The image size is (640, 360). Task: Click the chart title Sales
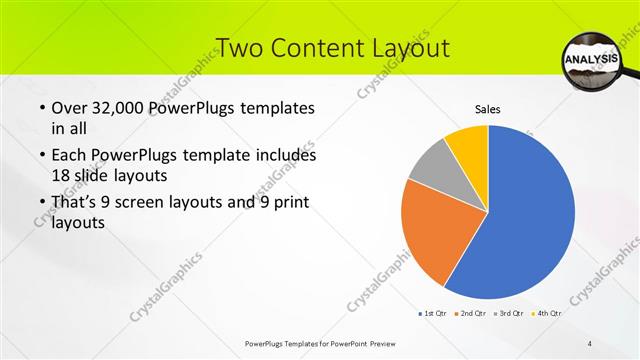[x=487, y=110]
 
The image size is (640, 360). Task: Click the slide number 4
[x=590, y=343]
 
